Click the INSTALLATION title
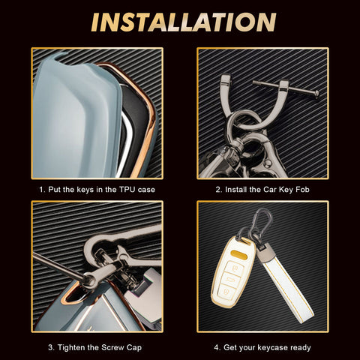pos(184,22)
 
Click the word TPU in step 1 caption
pos(127,190)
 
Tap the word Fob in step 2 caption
pos(302,190)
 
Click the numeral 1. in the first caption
pos(43,190)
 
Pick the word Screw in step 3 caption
pos(112,347)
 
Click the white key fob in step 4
pos(233,272)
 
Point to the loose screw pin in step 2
pos(286,88)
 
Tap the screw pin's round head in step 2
pos(316,94)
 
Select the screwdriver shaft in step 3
pos(58,265)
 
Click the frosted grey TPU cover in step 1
pos(75,118)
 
